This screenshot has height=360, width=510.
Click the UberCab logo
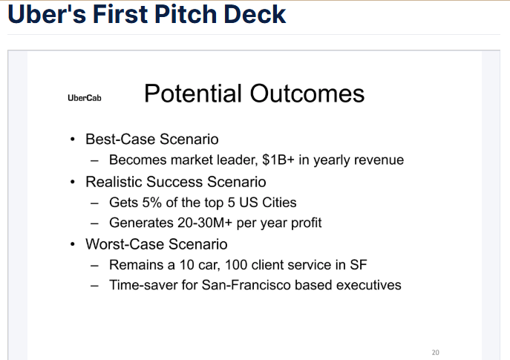(85, 97)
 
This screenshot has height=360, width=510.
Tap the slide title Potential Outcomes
(254, 94)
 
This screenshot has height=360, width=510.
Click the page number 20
(436, 353)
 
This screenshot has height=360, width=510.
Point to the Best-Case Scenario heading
(152, 140)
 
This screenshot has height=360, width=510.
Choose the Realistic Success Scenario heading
(176, 182)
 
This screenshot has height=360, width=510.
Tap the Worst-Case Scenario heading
(157, 244)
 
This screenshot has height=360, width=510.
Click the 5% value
(152, 203)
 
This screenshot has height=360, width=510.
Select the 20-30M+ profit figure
(205, 223)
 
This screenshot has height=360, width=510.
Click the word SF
(359, 265)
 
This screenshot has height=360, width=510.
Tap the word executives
(369, 285)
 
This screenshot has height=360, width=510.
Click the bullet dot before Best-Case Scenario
(72, 140)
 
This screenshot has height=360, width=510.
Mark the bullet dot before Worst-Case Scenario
(72, 244)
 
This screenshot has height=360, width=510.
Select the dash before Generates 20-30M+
(94, 223)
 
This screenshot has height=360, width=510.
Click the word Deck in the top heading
(255, 14)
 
